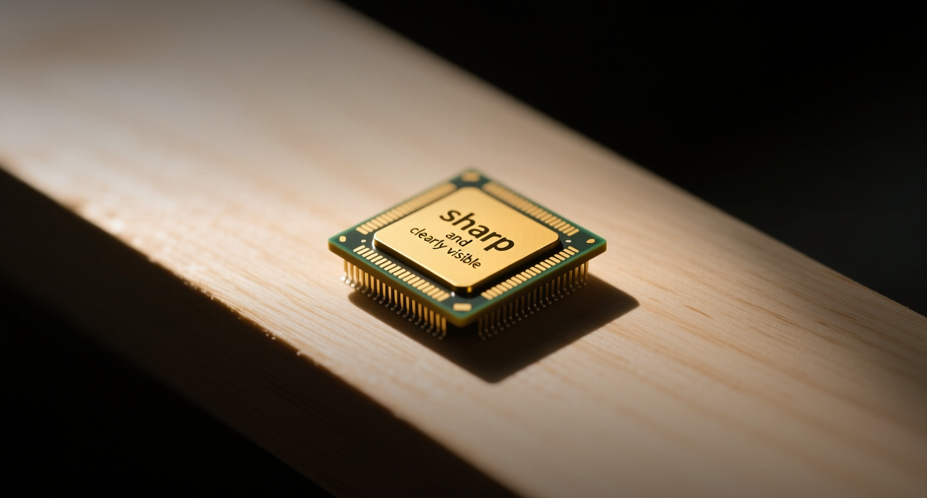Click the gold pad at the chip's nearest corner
pyautogui.click(x=462, y=307)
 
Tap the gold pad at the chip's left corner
pyautogui.click(x=342, y=239)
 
